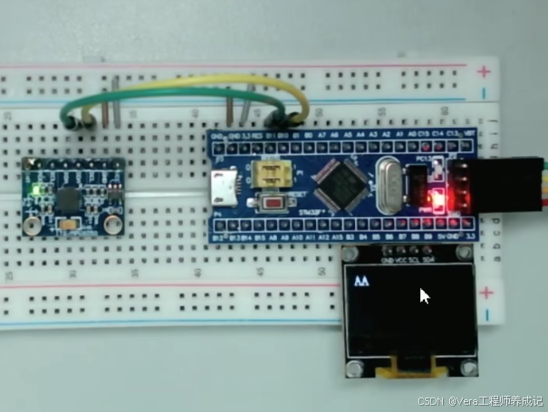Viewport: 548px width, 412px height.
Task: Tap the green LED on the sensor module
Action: (x=34, y=191)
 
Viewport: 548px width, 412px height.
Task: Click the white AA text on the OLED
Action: (x=361, y=282)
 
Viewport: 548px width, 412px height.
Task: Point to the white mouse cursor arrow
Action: (x=424, y=296)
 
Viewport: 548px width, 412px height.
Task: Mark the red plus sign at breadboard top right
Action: (x=487, y=71)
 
